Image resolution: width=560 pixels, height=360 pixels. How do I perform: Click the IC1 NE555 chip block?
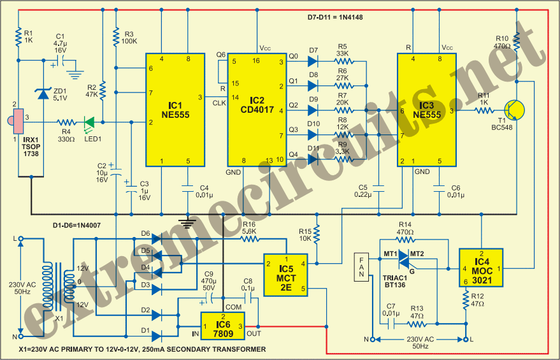(x=175, y=110)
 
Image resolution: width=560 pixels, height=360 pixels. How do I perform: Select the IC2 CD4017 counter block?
(x=257, y=110)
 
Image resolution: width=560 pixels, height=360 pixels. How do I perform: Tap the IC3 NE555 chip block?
(x=427, y=110)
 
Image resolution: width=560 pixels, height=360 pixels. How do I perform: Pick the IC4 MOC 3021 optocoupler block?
(x=481, y=268)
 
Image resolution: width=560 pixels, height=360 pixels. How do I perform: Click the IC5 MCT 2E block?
(x=285, y=275)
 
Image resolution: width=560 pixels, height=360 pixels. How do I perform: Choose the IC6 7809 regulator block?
(x=223, y=326)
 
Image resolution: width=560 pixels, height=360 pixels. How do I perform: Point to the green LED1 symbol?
(x=89, y=122)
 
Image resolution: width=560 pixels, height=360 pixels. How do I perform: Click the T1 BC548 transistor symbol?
(x=514, y=110)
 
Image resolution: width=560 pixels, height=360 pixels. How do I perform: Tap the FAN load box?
(x=361, y=267)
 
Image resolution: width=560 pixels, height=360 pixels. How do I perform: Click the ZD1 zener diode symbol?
(x=43, y=94)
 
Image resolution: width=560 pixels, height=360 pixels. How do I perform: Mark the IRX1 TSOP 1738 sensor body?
(x=18, y=122)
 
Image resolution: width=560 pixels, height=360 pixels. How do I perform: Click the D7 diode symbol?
(x=313, y=61)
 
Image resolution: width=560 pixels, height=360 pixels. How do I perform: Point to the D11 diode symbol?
(x=313, y=159)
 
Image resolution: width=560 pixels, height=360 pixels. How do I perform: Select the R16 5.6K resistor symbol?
(x=250, y=239)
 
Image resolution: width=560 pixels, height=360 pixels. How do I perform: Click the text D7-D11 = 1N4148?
(x=335, y=17)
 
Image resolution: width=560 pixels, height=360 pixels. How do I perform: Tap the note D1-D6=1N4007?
(x=77, y=226)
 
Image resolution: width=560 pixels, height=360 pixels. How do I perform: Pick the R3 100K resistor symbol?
(x=116, y=37)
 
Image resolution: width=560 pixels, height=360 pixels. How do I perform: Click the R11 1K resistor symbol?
(x=485, y=110)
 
